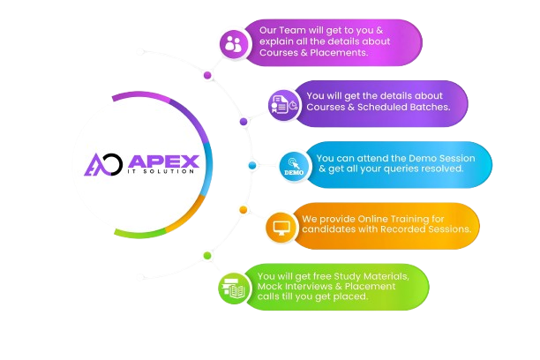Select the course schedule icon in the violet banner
pyautogui.click(x=283, y=104)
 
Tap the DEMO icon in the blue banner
pyautogui.click(x=294, y=164)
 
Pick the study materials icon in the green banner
pyautogui.click(x=234, y=288)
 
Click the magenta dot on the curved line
pyautogui.click(x=207, y=75)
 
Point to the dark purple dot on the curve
pyautogui.click(x=244, y=121)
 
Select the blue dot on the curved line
pyautogui.click(x=252, y=165)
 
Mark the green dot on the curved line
pyautogui.click(x=207, y=256)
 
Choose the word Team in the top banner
pyautogui.click(x=298, y=29)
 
